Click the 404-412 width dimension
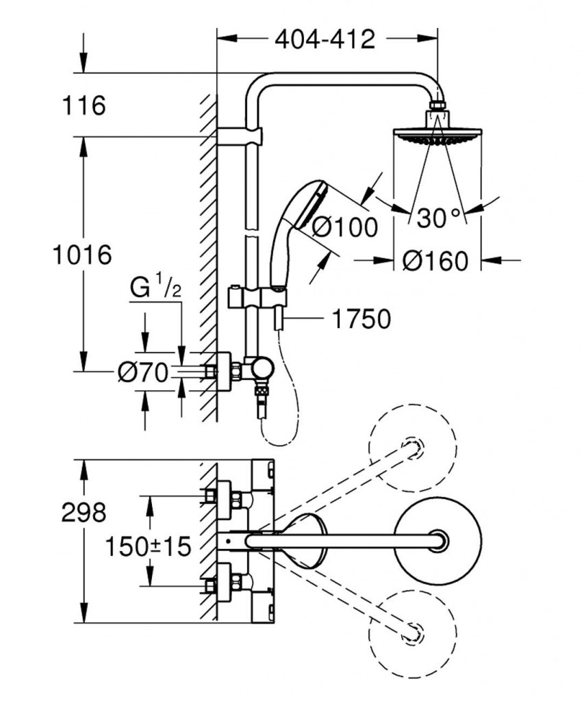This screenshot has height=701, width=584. [x=325, y=40]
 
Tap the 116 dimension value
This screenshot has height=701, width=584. [x=84, y=106]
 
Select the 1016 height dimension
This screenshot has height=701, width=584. [x=83, y=255]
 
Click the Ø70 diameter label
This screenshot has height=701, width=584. [x=142, y=372]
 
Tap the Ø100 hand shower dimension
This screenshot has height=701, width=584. [x=344, y=227]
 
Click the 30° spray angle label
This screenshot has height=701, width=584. [x=438, y=218]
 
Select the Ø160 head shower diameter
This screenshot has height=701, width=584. [x=435, y=261]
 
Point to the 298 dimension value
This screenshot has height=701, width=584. [x=84, y=513]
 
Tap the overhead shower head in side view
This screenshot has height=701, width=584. [x=437, y=134]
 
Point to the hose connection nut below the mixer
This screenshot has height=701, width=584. [x=260, y=392]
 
